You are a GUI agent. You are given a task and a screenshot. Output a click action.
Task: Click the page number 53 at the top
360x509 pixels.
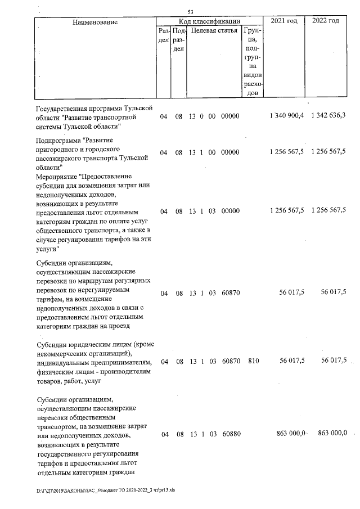pos(191,12)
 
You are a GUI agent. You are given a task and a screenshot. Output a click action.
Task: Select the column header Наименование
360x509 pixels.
pos(94,22)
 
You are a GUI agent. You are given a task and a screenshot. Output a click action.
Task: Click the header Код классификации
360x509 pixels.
pos(209,21)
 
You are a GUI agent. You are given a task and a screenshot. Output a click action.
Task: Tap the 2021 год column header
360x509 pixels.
pos(284,21)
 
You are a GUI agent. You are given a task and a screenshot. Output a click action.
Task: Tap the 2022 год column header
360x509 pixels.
pos(326,21)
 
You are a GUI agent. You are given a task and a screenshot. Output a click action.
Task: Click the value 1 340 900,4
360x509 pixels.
pos(287,116)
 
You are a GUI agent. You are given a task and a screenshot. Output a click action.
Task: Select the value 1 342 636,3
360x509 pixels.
pos(328,116)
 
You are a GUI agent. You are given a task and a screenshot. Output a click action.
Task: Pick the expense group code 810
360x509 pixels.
pos(253,361)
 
